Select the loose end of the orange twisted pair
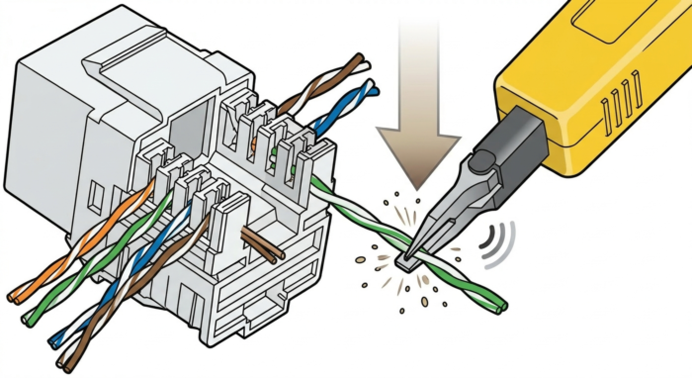click(x=14, y=295)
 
